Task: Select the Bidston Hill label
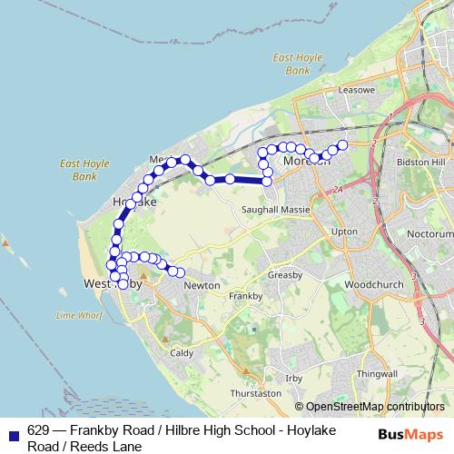[419, 161]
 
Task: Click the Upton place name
[345, 232]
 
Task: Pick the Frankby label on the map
[245, 296]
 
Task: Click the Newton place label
[202, 285]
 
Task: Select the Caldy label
[182, 351]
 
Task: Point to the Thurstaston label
[256, 394]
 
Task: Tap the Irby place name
[293, 377]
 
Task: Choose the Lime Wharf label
[78, 315]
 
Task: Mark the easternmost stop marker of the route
[342, 145]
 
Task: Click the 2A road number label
[338, 189]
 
